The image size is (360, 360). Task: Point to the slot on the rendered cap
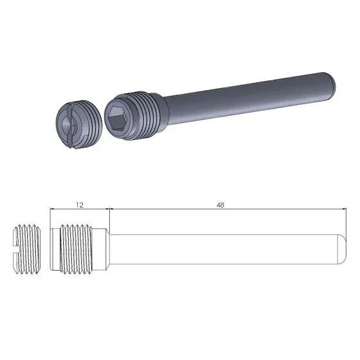click(69, 123)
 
